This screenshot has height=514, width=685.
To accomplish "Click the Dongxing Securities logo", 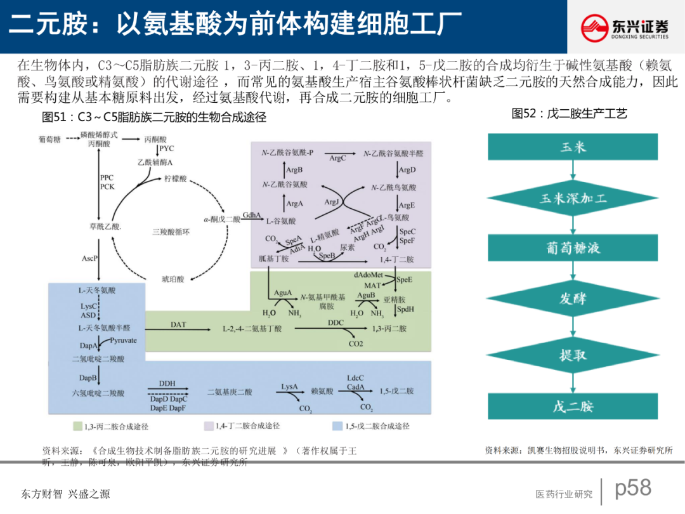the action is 625,27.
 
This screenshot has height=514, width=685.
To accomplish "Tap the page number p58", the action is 633,487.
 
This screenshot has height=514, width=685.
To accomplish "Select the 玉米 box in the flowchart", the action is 573,147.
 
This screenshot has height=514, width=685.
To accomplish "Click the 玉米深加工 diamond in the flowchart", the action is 573,198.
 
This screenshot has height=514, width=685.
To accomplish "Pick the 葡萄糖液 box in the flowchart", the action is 573,247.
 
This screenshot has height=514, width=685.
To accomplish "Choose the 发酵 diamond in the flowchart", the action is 573,299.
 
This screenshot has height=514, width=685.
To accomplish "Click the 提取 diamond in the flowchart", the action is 573,355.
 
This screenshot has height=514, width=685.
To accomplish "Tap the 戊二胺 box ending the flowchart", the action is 573,406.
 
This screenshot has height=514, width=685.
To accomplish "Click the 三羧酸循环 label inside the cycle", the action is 171,232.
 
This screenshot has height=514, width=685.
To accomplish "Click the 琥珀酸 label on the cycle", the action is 173,279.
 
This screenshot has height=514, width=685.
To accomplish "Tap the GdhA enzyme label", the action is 252,215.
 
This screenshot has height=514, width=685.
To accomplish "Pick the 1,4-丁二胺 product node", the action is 396,260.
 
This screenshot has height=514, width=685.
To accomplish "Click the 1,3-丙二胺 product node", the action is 389,329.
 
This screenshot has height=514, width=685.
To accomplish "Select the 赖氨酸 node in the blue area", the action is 322,392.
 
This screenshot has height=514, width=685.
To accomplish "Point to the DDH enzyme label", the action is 167,383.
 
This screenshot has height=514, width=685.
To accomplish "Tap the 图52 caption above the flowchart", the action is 569,114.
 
